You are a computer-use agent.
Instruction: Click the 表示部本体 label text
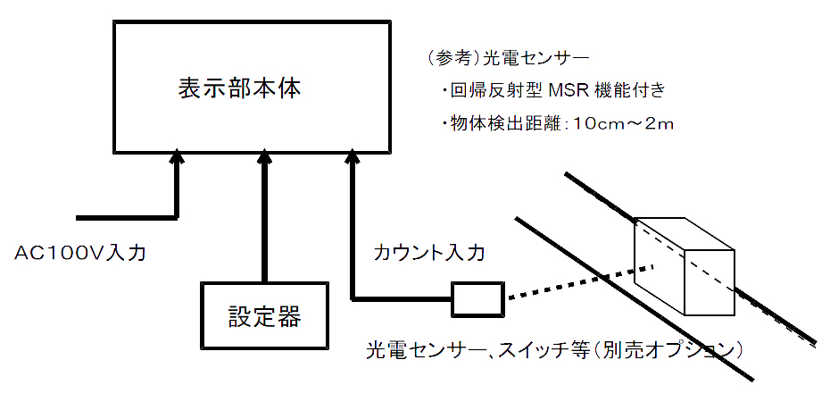coord(238,88)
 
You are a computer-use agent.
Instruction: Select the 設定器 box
coord(264,315)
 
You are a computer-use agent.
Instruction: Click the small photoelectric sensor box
coord(477,299)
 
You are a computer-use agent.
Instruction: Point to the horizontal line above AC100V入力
coord(125,217)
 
